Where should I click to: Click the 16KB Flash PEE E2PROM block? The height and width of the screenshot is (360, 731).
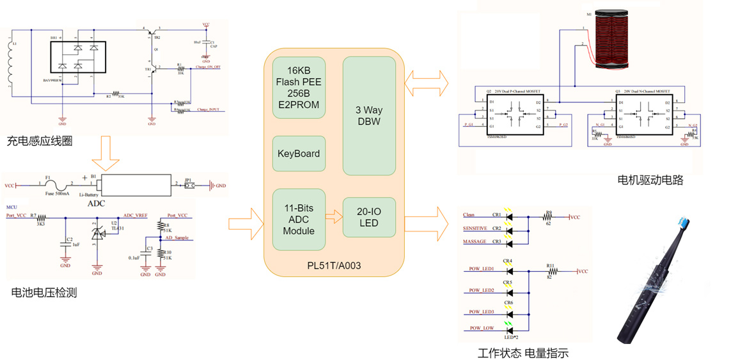point(299,88)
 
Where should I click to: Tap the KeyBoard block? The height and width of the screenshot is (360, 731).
point(299,153)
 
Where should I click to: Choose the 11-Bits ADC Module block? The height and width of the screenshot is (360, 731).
point(299,219)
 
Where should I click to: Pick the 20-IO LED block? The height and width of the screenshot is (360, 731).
point(369,217)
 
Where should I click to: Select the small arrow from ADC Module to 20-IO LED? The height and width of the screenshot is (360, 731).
point(333,217)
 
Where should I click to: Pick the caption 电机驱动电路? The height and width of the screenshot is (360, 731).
point(650,180)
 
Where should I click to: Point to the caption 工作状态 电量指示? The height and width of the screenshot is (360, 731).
point(523,353)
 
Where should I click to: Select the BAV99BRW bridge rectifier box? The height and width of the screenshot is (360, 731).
point(78,58)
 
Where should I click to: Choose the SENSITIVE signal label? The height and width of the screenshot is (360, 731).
point(475,228)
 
